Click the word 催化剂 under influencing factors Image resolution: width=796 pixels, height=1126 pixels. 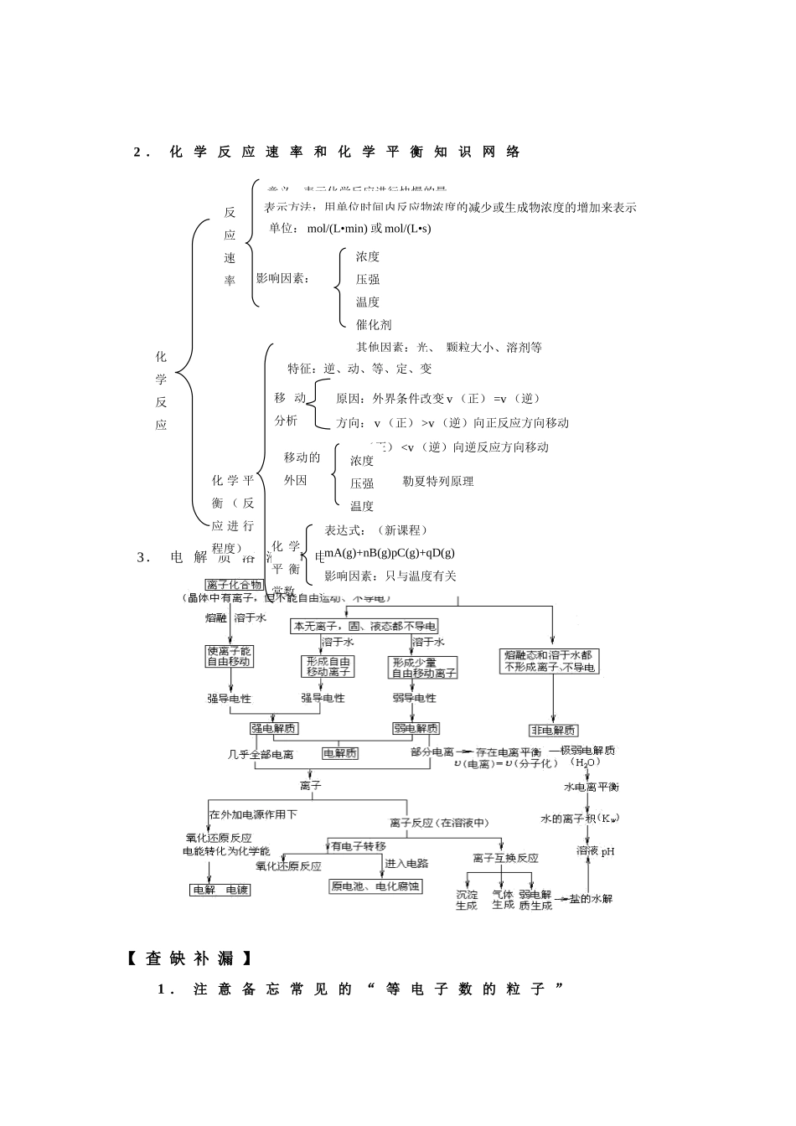pos(373,324)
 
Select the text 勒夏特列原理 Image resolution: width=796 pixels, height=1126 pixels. pos(438,481)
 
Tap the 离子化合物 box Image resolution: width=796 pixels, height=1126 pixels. pos(234,585)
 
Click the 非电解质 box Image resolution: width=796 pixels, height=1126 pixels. pos(553,730)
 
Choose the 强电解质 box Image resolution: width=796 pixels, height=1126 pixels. pos(273,728)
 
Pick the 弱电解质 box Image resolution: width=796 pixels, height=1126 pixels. pos(416,728)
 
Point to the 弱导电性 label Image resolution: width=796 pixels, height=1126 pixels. pos(414,698)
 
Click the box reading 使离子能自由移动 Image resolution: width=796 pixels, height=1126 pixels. pos(230,656)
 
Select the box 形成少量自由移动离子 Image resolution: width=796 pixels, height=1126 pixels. pos(424,667)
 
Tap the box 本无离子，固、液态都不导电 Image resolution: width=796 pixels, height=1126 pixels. pos(364,626)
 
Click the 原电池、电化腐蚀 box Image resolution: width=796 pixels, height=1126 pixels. pos(375,886)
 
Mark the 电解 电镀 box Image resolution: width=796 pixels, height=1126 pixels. pos(220,890)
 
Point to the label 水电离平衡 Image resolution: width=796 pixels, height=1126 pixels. pos(592,788)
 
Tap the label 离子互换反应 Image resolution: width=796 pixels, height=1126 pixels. pos(505,858)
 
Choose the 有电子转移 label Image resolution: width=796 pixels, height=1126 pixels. pos(359,846)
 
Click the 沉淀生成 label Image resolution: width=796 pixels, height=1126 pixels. pos(467,900)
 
